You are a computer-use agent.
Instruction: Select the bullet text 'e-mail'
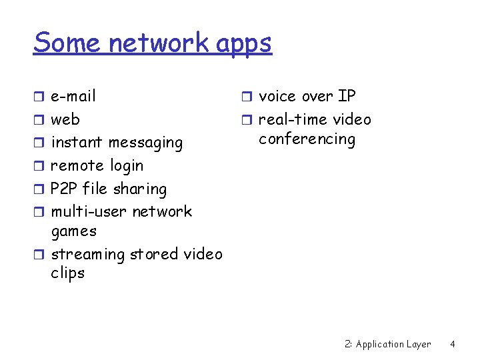73,96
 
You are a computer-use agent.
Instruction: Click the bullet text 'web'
65,119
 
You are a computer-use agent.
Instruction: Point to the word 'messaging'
145,143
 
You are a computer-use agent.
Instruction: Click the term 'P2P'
64,189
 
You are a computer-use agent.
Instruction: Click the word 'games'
73,231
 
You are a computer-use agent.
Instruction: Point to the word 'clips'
67,273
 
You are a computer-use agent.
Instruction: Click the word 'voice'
279,96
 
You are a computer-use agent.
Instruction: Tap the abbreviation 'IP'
347,96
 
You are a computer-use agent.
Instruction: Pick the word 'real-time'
291,119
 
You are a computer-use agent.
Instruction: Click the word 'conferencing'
307,139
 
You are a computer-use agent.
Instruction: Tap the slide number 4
452,344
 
